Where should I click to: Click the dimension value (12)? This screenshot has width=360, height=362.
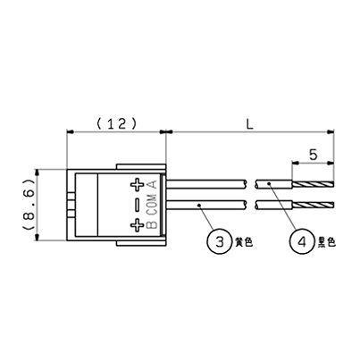[x=115, y=124]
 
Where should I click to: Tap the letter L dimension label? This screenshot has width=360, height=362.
[x=250, y=125]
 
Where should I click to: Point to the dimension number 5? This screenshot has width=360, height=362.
[x=314, y=154]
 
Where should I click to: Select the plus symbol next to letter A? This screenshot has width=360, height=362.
[x=138, y=186]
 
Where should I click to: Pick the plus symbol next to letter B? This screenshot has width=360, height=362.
[x=138, y=225]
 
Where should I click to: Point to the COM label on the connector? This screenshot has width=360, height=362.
[x=151, y=206]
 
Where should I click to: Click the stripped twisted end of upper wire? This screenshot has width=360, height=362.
[x=314, y=186]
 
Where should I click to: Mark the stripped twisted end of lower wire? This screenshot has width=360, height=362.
[x=314, y=206]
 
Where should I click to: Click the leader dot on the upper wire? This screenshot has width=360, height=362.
[x=270, y=186]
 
